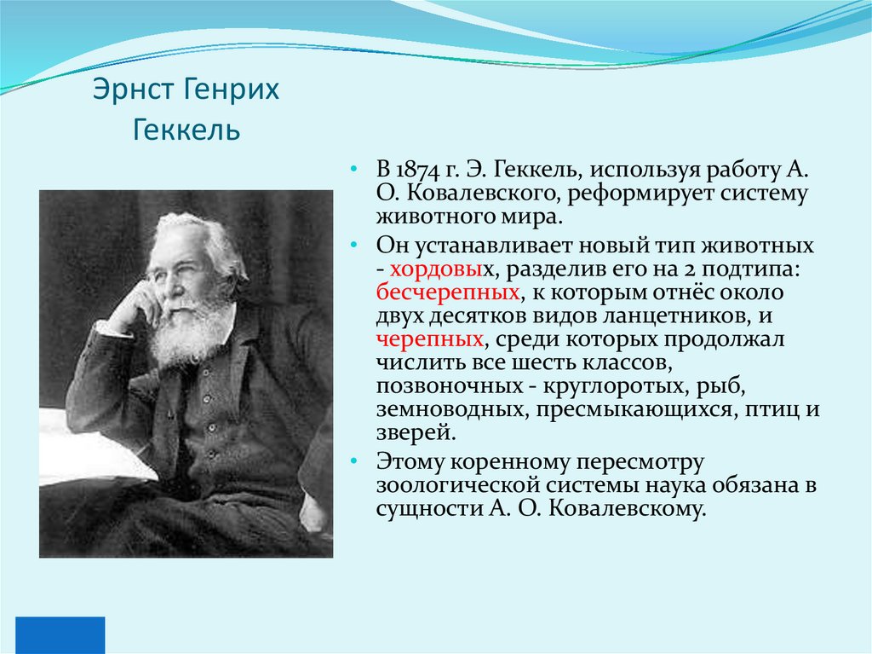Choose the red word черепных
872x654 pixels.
430,339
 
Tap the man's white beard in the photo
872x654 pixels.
189,329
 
